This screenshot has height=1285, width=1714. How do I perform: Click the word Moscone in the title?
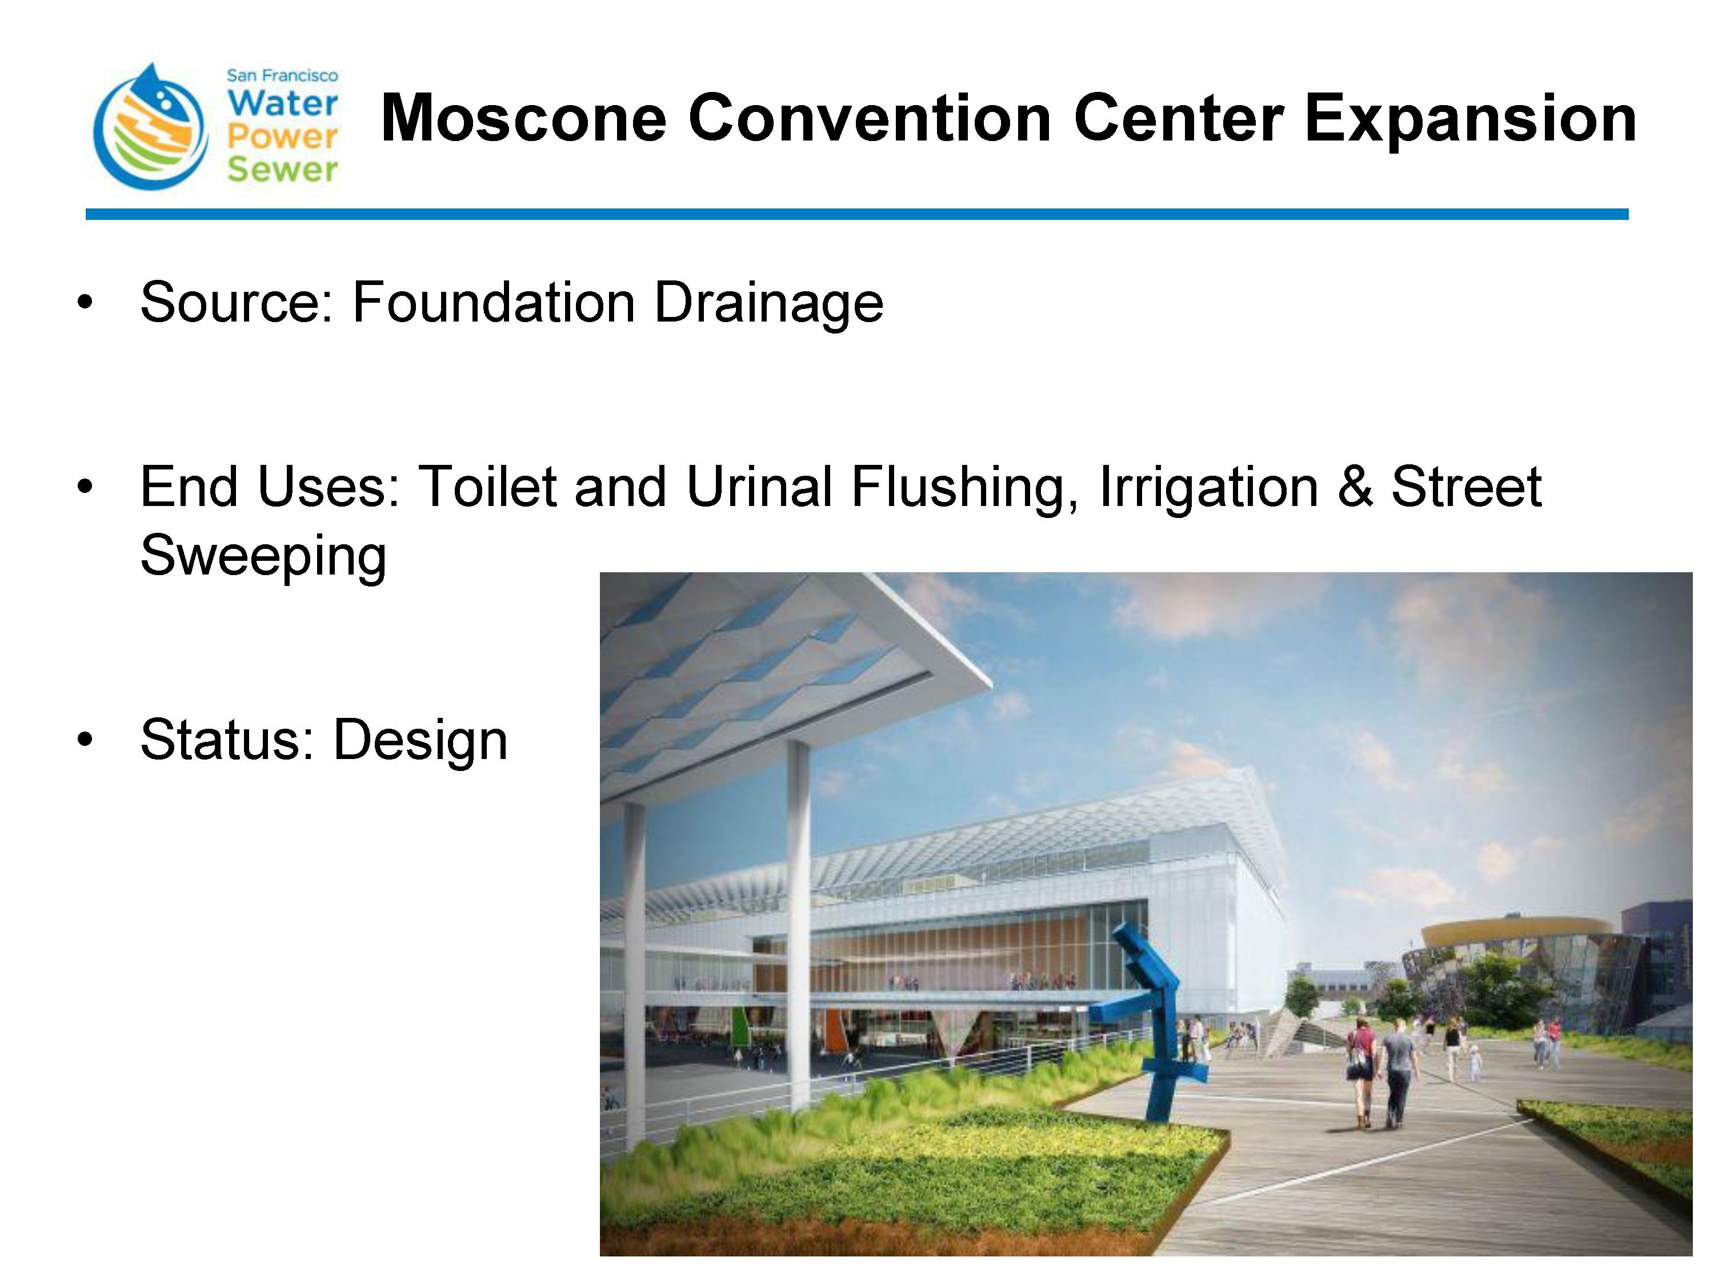(524, 119)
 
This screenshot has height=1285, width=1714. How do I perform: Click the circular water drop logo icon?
(150, 126)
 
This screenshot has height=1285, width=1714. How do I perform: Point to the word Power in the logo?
(282, 136)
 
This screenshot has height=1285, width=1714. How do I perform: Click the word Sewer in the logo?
(282, 169)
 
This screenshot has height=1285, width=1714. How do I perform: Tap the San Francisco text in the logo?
(282, 76)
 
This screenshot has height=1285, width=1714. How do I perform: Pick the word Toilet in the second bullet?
(487, 487)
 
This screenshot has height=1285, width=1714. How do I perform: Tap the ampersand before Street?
(1355, 487)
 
